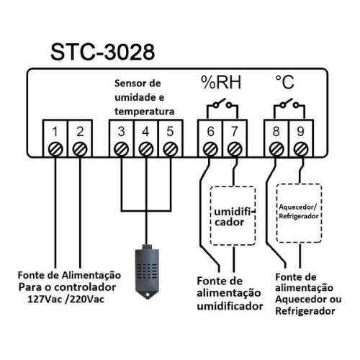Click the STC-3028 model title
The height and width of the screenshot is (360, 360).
(x=103, y=52)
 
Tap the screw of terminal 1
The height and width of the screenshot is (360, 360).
(x=55, y=149)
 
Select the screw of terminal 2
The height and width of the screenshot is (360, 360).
(x=80, y=149)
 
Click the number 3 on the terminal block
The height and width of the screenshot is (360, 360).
(x=122, y=132)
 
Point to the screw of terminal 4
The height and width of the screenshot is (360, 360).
(x=146, y=149)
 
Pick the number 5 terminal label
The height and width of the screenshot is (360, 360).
(x=170, y=132)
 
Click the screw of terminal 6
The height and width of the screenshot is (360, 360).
(x=210, y=149)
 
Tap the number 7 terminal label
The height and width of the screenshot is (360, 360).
(x=235, y=132)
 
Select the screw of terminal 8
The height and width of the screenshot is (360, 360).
(x=276, y=149)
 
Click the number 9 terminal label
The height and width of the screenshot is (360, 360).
(x=300, y=132)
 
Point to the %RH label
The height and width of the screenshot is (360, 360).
(x=221, y=82)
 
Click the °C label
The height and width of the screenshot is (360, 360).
(x=284, y=82)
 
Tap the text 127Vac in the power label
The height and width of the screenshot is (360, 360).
(x=45, y=300)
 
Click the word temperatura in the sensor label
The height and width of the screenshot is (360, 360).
(x=145, y=112)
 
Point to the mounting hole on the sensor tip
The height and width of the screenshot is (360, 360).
(x=147, y=294)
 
